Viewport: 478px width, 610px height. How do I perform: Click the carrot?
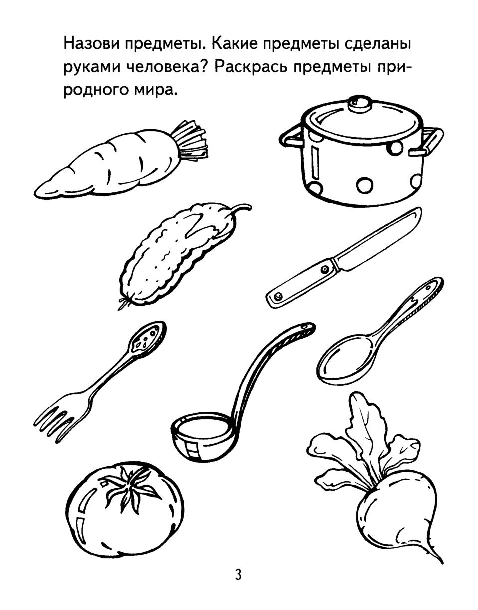click(x=110, y=165)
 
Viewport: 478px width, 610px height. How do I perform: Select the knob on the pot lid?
click(x=360, y=103)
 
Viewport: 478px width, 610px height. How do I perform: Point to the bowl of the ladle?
click(x=202, y=436)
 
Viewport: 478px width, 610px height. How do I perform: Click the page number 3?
click(x=238, y=575)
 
